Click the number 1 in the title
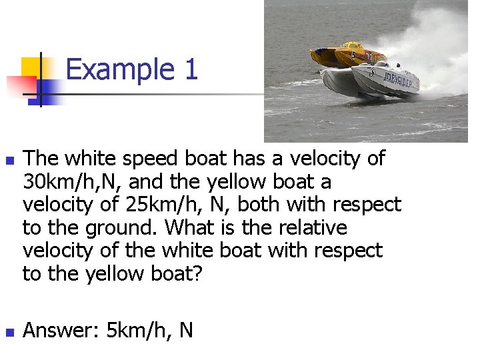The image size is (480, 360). [x=189, y=69]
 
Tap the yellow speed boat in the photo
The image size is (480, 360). [x=347, y=55]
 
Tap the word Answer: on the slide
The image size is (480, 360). [x=61, y=329]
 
